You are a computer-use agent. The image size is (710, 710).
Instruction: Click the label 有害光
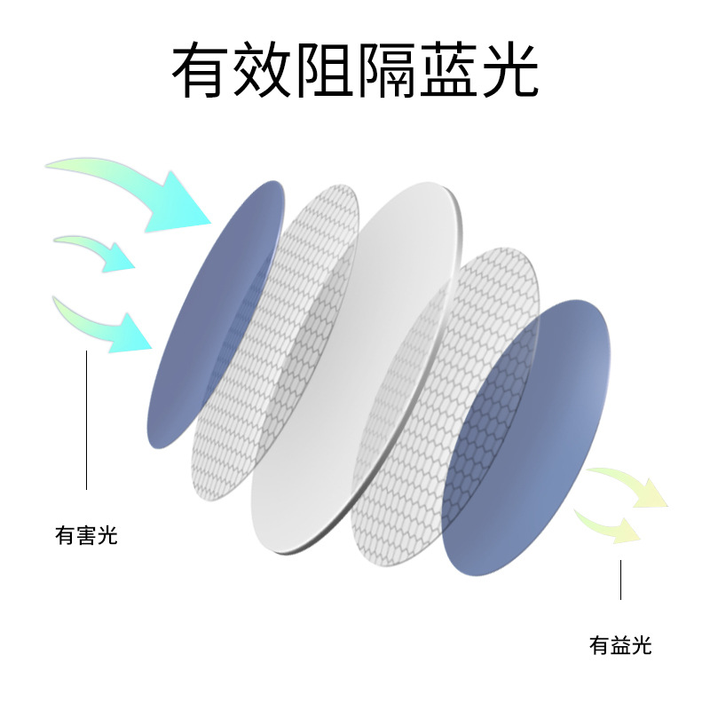pyautogui.click(x=86, y=536)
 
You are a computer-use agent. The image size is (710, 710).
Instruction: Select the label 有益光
pyautogui.click(x=620, y=645)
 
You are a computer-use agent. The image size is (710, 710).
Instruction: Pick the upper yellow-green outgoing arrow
pyautogui.click(x=630, y=486)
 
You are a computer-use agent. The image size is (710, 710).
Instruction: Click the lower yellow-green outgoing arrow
pyautogui.click(x=612, y=525)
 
